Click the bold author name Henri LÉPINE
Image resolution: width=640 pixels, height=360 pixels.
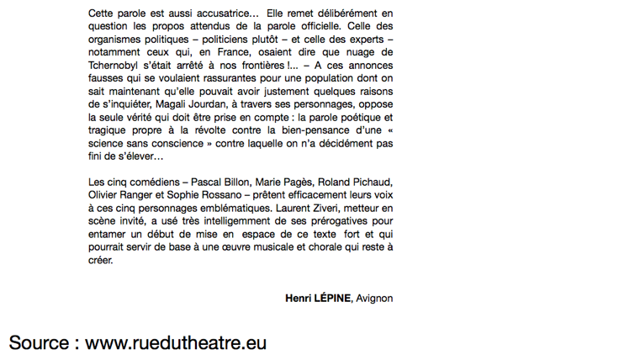click(x=318, y=298)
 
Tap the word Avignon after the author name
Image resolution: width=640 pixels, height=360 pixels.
click(x=374, y=298)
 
